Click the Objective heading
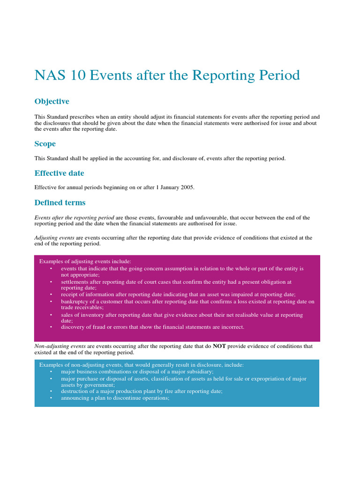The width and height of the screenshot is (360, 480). pyautogui.click(x=52, y=101)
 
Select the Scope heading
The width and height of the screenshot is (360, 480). pyautogui.click(x=45, y=144)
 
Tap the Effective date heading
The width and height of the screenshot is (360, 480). pyautogui.click(x=59, y=173)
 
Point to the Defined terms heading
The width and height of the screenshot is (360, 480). pyautogui.click(x=60, y=203)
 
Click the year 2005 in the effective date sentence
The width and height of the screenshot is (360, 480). pyautogui.click(x=187, y=187)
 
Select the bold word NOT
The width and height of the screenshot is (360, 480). pyautogui.click(x=219, y=346)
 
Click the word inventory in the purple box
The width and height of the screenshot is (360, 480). pyautogui.click(x=87, y=315)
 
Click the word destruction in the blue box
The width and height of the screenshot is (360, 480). pyautogui.click(x=75, y=391)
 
